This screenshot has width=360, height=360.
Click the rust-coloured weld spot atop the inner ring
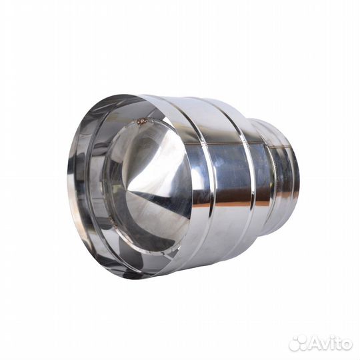pos(143,121)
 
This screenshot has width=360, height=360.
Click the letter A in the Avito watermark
pos(313,344)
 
